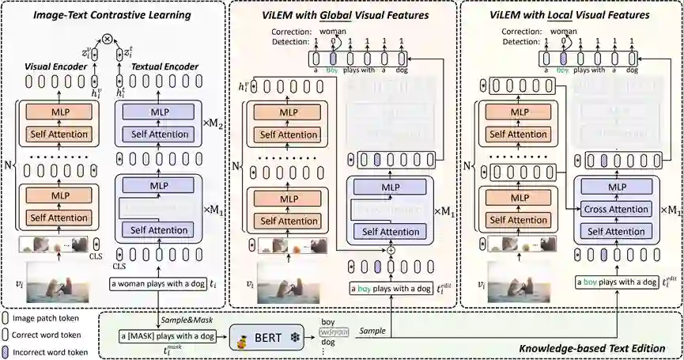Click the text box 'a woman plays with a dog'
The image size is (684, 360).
(x=161, y=283)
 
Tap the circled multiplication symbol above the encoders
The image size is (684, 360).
(x=108, y=37)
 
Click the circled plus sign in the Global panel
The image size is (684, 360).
(x=391, y=251)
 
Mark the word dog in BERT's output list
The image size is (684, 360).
(x=327, y=342)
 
